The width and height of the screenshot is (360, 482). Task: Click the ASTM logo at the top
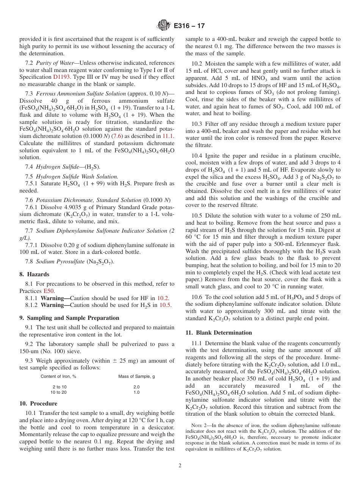coord(164,26)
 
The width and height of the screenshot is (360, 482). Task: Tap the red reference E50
coord(49,291)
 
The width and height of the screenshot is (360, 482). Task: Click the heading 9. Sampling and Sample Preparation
coord(69,318)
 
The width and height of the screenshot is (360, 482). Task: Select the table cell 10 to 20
coord(58,392)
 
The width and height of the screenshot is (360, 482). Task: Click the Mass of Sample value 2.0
coord(136,387)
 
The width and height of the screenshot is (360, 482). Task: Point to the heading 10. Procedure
coord(38,404)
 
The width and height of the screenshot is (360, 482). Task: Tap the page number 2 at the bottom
coord(180,466)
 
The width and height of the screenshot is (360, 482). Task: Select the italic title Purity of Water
coord(55,63)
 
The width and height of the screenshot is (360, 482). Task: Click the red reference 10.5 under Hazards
coord(165,305)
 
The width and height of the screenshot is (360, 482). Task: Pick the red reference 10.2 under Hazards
coord(163,298)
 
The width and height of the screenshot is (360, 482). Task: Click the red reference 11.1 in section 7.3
coord(168,136)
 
